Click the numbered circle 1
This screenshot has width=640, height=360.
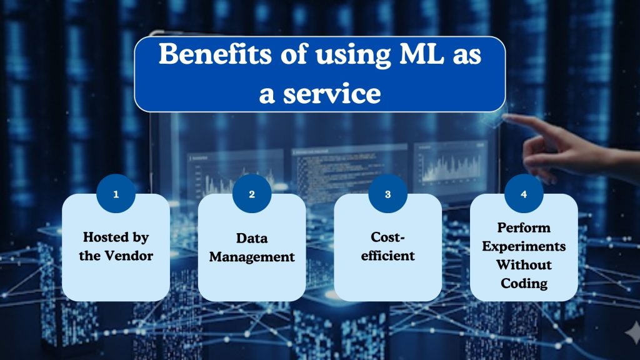116,194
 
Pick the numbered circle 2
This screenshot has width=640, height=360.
252,194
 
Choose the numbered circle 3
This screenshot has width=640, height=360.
387,194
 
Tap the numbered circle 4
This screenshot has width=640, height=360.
524,194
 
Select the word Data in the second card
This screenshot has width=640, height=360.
252,238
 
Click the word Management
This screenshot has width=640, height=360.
252,256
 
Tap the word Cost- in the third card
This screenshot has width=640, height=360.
387,238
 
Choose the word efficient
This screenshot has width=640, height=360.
387,256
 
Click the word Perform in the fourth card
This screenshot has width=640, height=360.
524,227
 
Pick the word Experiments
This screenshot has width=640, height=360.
524,246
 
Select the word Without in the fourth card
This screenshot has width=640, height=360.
524,265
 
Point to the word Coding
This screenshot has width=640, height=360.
524,283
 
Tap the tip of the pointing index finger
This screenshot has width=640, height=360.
505,116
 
